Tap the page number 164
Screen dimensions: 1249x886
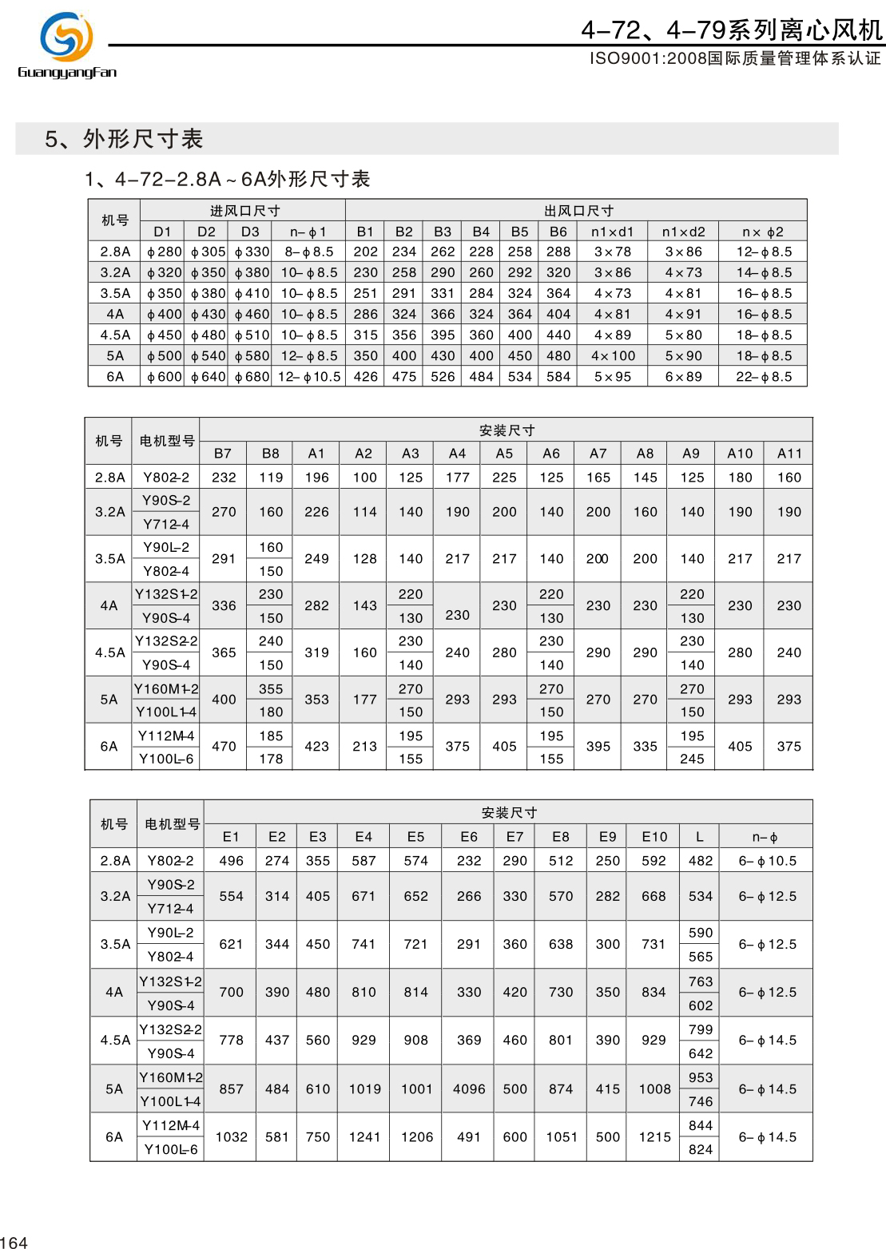tap(14, 1242)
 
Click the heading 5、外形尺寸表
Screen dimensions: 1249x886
tap(124, 139)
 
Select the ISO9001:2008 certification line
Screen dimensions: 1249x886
tap(734, 58)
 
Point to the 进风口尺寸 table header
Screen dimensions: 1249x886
tap(244, 211)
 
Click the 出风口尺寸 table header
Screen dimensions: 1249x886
tap(578, 211)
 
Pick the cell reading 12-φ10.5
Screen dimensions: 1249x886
tap(309, 377)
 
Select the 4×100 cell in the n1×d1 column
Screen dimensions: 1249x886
tap(613, 356)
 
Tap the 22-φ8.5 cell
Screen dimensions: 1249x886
tap(764, 377)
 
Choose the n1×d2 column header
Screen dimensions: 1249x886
tap(683, 232)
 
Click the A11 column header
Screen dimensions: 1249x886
tap(789, 454)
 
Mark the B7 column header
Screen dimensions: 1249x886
tap(223, 454)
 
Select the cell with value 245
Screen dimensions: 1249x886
tap(692, 759)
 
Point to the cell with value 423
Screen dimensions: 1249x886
tap(316, 747)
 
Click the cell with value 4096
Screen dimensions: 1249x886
tap(469, 1089)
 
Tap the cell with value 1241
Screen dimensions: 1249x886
tap(364, 1137)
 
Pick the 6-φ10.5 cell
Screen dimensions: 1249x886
tap(767, 861)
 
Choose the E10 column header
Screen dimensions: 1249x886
tap(654, 837)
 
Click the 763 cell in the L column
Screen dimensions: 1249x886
tap(701, 981)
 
